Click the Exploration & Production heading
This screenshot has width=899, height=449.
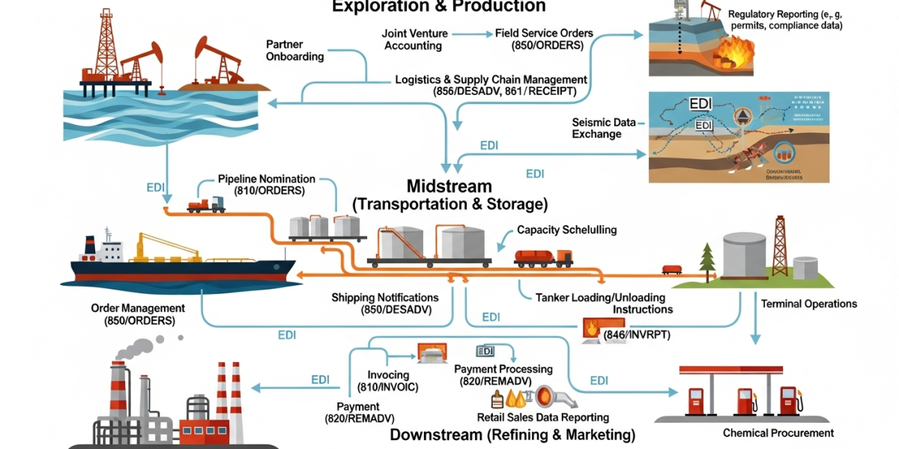(x=438, y=7)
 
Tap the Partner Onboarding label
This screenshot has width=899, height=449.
(x=295, y=50)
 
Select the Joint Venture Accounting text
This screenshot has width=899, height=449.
(x=414, y=40)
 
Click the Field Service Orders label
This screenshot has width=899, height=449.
(x=544, y=40)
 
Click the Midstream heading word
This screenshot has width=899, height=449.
(x=449, y=186)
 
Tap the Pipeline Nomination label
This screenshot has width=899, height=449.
(x=267, y=185)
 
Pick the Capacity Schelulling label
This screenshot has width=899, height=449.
(x=567, y=230)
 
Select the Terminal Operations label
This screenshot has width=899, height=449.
(x=809, y=304)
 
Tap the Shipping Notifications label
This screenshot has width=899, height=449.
(x=385, y=304)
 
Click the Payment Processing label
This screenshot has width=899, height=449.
(x=503, y=374)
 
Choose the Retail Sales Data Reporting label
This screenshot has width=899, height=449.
(x=543, y=417)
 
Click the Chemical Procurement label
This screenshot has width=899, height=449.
(x=778, y=433)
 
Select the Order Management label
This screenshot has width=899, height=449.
(x=138, y=314)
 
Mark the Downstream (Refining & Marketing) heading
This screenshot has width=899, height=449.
(x=512, y=435)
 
